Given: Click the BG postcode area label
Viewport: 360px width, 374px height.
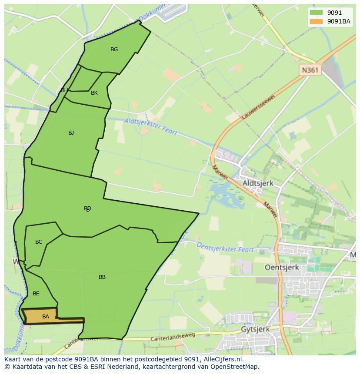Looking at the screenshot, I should (114, 50).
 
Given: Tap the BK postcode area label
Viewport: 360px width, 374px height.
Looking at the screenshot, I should (94, 93).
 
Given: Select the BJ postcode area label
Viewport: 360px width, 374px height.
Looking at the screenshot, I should (71, 133).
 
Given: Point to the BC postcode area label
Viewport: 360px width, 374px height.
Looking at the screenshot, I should (39, 242).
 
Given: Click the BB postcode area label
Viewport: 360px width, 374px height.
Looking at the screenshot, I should (102, 277).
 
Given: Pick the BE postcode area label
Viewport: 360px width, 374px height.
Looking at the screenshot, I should (36, 294).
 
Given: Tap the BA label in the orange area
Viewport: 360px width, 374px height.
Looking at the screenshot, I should (46, 317).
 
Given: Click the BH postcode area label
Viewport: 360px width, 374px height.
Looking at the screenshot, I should (64, 90).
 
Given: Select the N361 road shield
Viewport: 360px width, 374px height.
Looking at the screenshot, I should (310, 70).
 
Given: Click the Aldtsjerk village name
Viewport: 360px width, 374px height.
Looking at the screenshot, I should (258, 183).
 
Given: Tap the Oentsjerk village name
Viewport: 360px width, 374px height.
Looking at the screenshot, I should (282, 268).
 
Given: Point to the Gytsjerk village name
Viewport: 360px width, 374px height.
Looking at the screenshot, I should (255, 329).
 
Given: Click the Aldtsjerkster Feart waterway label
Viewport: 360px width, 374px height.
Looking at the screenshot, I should (151, 127).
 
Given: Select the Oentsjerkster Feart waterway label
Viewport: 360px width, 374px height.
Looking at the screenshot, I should (225, 247).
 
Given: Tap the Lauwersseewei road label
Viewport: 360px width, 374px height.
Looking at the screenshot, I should (259, 104).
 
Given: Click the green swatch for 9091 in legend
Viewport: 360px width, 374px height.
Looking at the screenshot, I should (316, 13).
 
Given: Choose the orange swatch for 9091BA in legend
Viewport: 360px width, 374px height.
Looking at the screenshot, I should (316, 21).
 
